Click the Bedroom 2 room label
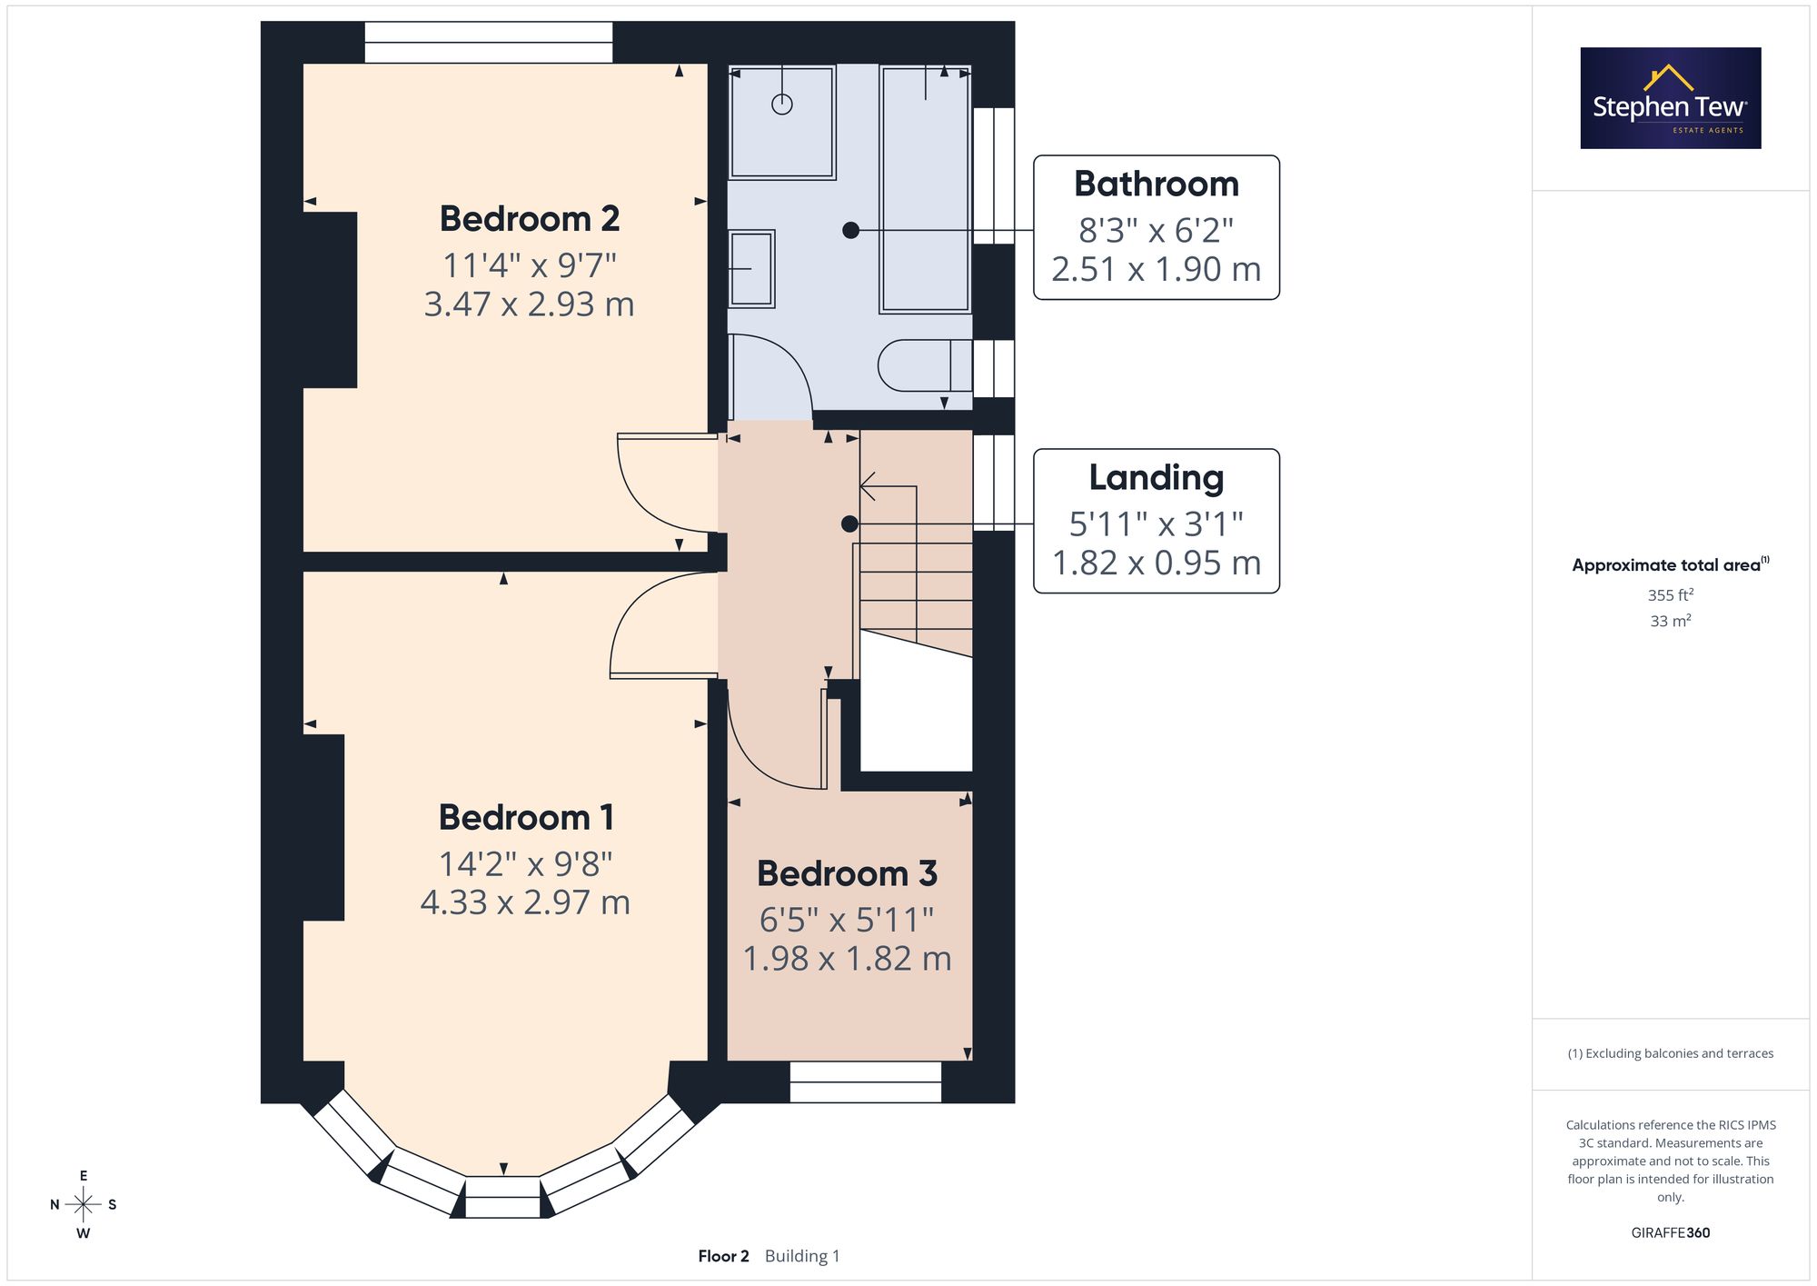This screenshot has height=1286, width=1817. point(530,219)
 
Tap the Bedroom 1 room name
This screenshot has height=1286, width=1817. point(526,818)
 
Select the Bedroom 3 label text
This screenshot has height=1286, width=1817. point(847,873)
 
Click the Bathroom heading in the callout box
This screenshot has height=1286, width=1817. point(1157,184)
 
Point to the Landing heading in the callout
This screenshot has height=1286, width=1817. point(1157,478)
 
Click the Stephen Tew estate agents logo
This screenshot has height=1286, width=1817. point(1671,98)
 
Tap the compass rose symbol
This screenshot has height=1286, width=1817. point(84,1205)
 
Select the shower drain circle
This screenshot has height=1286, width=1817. point(782,105)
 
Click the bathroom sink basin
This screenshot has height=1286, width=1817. point(751,269)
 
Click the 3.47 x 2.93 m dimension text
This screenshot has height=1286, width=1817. point(530,304)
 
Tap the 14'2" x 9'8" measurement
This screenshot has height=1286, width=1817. point(526,863)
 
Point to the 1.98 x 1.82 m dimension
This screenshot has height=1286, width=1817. point(847,958)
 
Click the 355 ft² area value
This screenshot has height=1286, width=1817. point(1671,595)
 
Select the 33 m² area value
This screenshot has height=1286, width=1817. point(1671,621)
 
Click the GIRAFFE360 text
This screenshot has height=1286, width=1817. point(1671,1232)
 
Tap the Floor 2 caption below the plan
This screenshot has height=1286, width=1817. point(723,1256)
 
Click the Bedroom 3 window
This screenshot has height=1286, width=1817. point(866,1082)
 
